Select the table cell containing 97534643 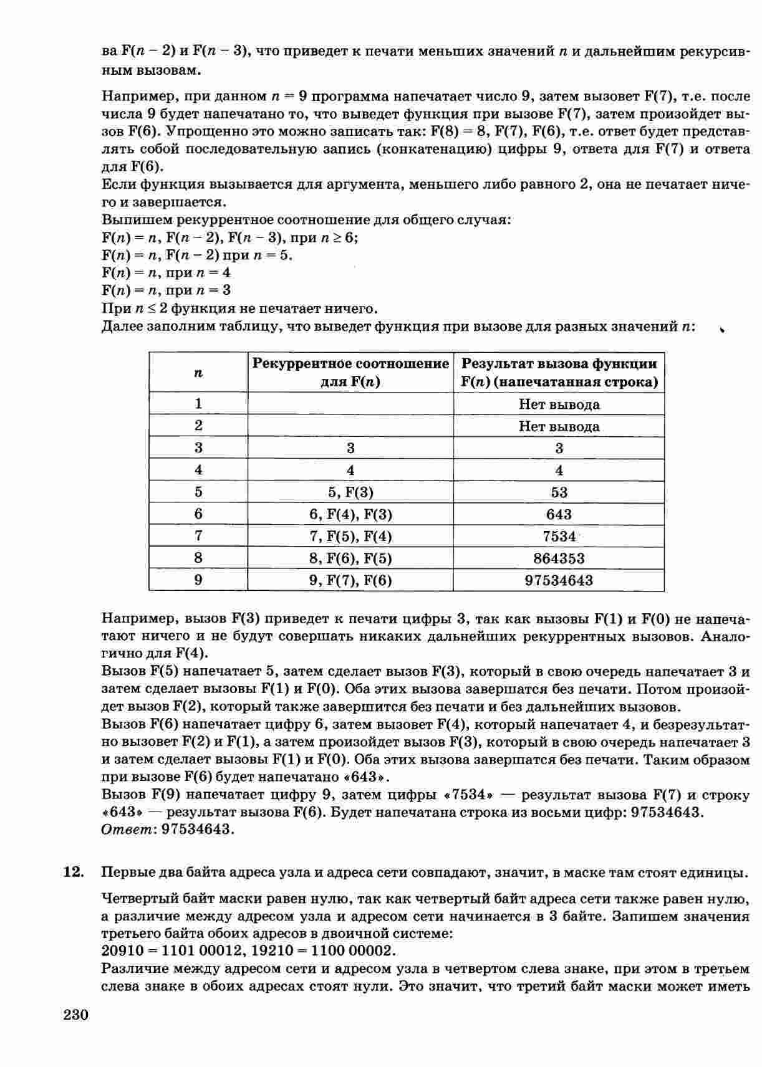[559, 580]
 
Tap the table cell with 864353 [559, 558]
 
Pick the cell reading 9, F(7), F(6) [350, 580]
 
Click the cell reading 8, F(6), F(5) [350, 558]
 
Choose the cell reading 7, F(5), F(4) [350, 536]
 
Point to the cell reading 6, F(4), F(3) [350, 514]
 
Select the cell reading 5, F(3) [350, 492]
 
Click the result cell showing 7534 [559, 536]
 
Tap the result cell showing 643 [559, 514]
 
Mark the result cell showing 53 [559, 492]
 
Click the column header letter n [198, 373]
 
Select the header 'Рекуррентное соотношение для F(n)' [350, 373]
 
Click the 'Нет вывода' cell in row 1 [559, 404]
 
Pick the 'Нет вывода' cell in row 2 [559, 426]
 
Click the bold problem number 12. [74, 873]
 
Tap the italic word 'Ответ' [128, 830]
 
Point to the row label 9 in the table [198, 580]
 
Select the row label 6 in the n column [198, 514]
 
